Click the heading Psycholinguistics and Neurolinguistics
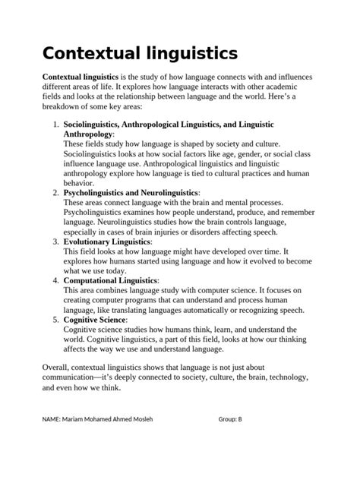pos(131,194)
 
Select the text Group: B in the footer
pos(229,419)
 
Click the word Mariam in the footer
pos(77,419)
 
